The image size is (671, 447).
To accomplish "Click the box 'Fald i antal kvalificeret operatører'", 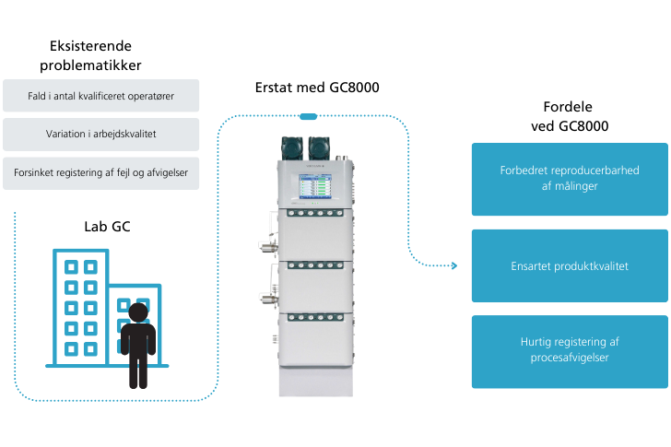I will coord(100,95).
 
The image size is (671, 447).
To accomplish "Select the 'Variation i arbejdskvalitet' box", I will coord(100,134).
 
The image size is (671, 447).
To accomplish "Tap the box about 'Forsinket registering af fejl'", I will coord(100,172).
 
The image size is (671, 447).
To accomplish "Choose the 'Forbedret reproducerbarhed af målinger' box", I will coord(570,179).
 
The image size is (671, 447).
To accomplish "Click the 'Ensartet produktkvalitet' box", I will coord(570,265).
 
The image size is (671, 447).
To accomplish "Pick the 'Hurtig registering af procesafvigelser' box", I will coord(570,351).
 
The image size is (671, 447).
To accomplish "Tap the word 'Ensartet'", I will coord(532,266).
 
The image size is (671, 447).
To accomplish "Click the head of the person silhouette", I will coord(138,313).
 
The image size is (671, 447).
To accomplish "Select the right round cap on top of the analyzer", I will coord(319,147).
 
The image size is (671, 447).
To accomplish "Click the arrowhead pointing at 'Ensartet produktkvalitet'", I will coord(453,265).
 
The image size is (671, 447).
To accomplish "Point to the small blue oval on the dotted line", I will coord(309,116).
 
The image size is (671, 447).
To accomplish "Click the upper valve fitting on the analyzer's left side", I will coord(265,246).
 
